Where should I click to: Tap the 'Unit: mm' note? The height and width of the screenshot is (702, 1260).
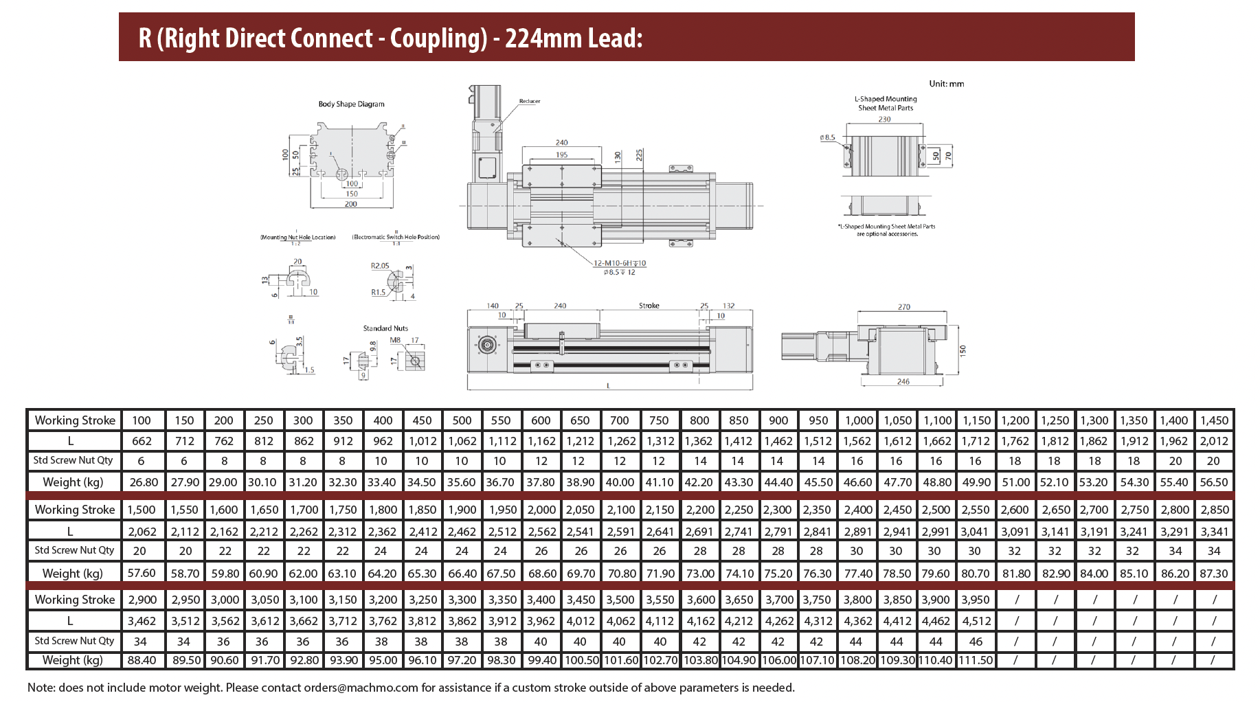click(946, 84)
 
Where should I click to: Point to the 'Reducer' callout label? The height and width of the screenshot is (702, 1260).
click(529, 101)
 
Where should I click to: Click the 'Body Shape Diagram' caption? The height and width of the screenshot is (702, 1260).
click(351, 104)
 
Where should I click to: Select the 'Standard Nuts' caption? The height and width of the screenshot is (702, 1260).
click(385, 328)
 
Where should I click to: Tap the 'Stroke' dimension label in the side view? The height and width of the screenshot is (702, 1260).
click(649, 306)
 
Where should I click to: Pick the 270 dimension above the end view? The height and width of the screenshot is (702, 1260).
click(903, 307)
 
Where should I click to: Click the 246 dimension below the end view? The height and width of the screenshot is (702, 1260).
click(903, 382)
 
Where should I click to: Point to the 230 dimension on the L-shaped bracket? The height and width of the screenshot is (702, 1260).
click(884, 120)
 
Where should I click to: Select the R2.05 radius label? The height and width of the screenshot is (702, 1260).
click(380, 266)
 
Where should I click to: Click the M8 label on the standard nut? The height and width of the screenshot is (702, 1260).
click(395, 340)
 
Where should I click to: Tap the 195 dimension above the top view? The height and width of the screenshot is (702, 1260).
click(561, 155)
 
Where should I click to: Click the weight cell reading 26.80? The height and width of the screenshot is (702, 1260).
click(144, 482)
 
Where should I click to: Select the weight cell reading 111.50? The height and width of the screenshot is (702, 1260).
click(976, 660)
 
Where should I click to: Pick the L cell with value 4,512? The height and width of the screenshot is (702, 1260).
click(976, 621)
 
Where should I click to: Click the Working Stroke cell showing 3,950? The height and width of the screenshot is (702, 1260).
click(976, 600)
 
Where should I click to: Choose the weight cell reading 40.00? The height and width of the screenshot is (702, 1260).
click(620, 482)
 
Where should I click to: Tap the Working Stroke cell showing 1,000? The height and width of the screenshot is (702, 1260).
click(859, 420)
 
